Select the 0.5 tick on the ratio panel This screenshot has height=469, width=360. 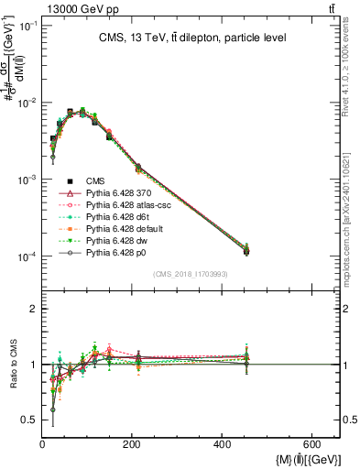(x=29, y=420)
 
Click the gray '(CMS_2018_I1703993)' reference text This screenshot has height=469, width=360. (x=190, y=274)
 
